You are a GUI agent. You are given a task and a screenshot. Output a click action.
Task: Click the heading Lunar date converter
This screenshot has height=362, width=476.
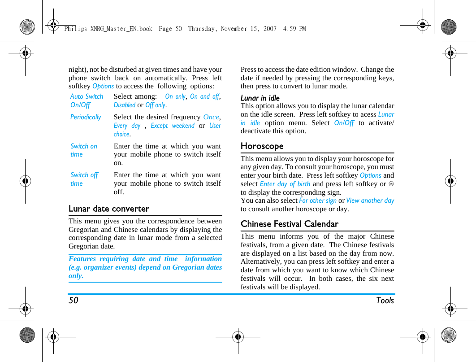(x=109, y=209)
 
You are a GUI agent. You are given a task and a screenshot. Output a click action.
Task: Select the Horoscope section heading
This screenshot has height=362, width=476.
(x=262, y=146)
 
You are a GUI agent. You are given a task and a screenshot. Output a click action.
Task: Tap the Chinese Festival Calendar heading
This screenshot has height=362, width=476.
(x=290, y=224)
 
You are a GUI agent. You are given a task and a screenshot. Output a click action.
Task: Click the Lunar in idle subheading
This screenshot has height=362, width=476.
(x=260, y=98)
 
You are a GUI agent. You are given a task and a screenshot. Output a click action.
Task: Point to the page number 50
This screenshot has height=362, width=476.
(x=73, y=301)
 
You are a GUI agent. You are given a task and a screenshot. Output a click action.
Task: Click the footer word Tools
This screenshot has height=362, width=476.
(x=385, y=301)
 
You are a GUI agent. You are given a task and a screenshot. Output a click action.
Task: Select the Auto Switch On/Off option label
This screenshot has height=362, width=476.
(x=87, y=100)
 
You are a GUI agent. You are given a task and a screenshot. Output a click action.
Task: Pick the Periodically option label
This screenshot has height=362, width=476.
(x=86, y=117)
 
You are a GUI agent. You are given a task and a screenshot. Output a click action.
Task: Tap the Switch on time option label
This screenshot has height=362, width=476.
(x=83, y=150)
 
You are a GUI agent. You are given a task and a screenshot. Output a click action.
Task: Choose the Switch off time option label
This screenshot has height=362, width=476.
(x=84, y=179)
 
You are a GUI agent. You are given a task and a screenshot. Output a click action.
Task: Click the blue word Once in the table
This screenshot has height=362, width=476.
(x=211, y=117)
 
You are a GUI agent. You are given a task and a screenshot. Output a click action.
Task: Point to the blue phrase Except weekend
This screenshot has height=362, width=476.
(x=173, y=126)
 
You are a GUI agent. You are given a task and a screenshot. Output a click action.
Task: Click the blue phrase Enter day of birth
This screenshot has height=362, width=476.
(x=285, y=184)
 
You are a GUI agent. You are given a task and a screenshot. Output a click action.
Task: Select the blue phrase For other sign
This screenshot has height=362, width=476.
(x=318, y=201)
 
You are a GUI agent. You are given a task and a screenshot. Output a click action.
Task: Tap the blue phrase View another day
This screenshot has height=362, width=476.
(x=370, y=201)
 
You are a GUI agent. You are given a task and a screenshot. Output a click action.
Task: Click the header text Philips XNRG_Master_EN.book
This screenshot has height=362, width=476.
(x=108, y=29)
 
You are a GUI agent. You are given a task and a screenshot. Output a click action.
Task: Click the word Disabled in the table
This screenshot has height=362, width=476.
(x=125, y=105)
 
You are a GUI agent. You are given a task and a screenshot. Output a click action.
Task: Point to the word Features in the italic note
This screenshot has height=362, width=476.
(x=82, y=259)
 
